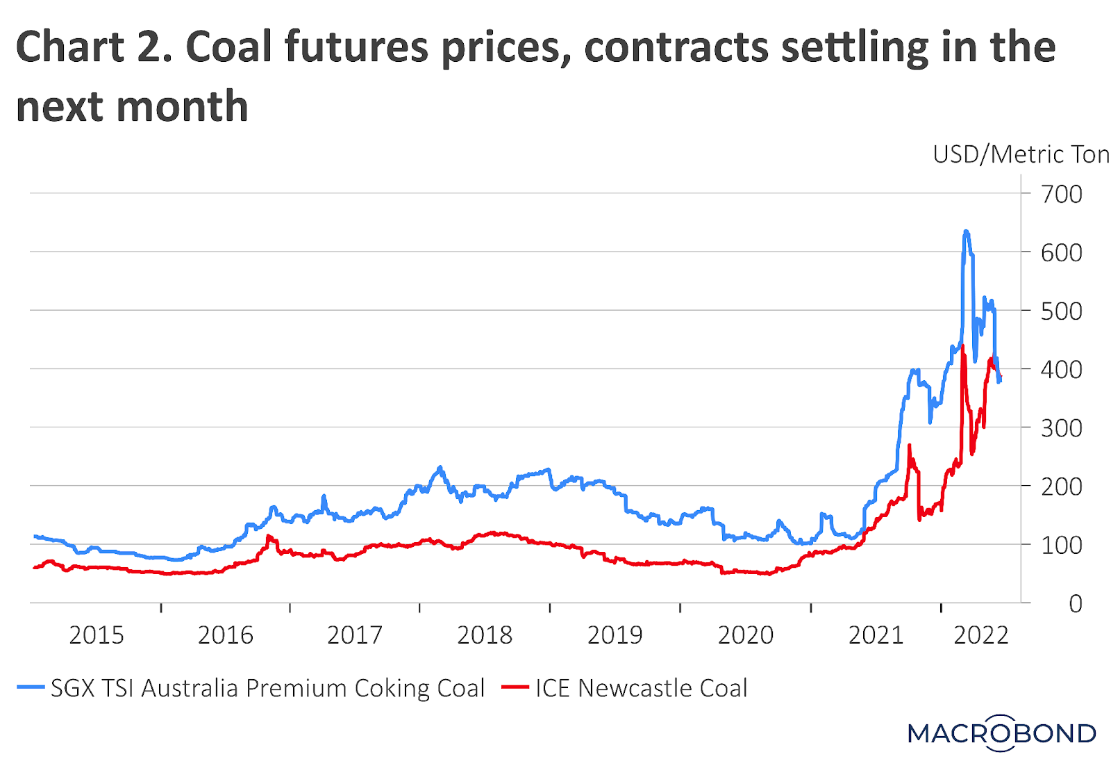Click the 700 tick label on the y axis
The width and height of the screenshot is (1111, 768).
point(1061,195)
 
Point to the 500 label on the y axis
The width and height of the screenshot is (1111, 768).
point(1061,311)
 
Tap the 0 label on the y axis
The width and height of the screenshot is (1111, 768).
point(1075,604)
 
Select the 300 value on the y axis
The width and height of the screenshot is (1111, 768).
point(1061,428)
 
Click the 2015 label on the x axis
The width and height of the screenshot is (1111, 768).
point(96,635)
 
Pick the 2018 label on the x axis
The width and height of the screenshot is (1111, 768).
point(484,635)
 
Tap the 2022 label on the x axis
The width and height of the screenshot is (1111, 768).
point(980,635)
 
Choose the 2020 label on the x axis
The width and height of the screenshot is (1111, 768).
point(745,635)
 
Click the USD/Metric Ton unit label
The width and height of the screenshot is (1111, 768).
point(1021,154)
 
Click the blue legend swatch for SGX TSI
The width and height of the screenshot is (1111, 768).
point(31,688)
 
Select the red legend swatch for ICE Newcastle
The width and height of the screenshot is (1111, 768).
point(515,688)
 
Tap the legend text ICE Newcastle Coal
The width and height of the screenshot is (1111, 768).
point(642,688)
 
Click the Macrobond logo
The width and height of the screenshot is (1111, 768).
point(1001,733)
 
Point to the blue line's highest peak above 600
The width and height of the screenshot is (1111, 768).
point(966,232)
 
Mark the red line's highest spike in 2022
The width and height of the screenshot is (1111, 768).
point(962,346)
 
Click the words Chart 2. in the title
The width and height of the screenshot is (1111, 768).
point(94,47)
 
